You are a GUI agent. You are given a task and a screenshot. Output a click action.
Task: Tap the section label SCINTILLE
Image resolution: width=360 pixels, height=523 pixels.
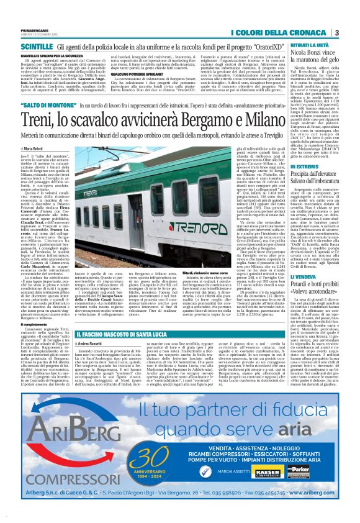[36, 47]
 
